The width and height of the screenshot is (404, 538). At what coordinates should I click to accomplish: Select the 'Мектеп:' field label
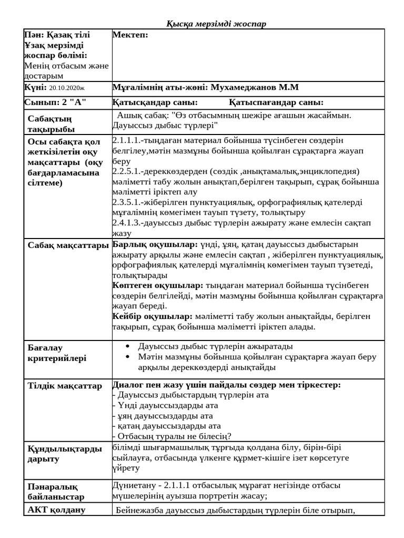pyautogui.click(x=130, y=35)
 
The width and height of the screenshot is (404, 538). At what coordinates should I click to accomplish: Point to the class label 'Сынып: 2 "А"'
pyautogui.click(x=55, y=102)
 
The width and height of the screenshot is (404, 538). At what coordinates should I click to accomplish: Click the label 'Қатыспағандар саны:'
pyautogui.click(x=276, y=102)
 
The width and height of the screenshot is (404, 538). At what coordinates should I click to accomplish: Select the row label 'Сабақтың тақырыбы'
pyautogui.click(x=51, y=124)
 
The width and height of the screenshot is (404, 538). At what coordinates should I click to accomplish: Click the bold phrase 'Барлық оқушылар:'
pyautogui.click(x=155, y=244)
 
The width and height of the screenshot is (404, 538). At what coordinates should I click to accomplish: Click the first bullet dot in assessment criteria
pyautogui.click(x=128, y=347)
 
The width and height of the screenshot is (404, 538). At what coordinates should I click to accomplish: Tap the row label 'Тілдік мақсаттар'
pyautogui.click(x=65, y=386)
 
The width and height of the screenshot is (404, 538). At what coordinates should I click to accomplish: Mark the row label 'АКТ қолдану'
pyautogui.click(x=56, y=510)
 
